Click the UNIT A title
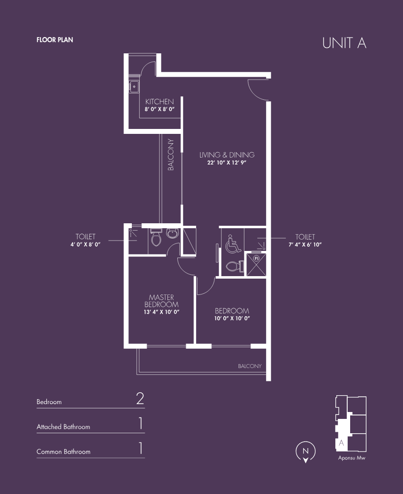click(x=344, y=43)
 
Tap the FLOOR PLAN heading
click(x=55, y=40)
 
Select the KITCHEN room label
click(x=160, y=101)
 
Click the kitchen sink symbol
click(x=134, y=86)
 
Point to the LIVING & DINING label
click(x=227, y=155)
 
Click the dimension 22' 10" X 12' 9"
click(x=227, y=163)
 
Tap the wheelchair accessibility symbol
click(x=233, y=244)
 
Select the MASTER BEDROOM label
click(x=161, y=301)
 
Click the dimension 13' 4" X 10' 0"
click(x=161, y=312)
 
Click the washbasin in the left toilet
click(x=172, y=234)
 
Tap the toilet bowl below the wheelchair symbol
click(x=235, y=267)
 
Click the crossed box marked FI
click(x=256, y=264)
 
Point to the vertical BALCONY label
click(x=171, y=155)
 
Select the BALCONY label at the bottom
click(x=249, y=366)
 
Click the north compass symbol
click(x=305, y=452)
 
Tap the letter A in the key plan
click(x=341, y=443)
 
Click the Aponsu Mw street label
click(x=352, y=458)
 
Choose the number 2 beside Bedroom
click(x=140, y=399)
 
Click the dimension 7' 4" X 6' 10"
click(x=305, y=245)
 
